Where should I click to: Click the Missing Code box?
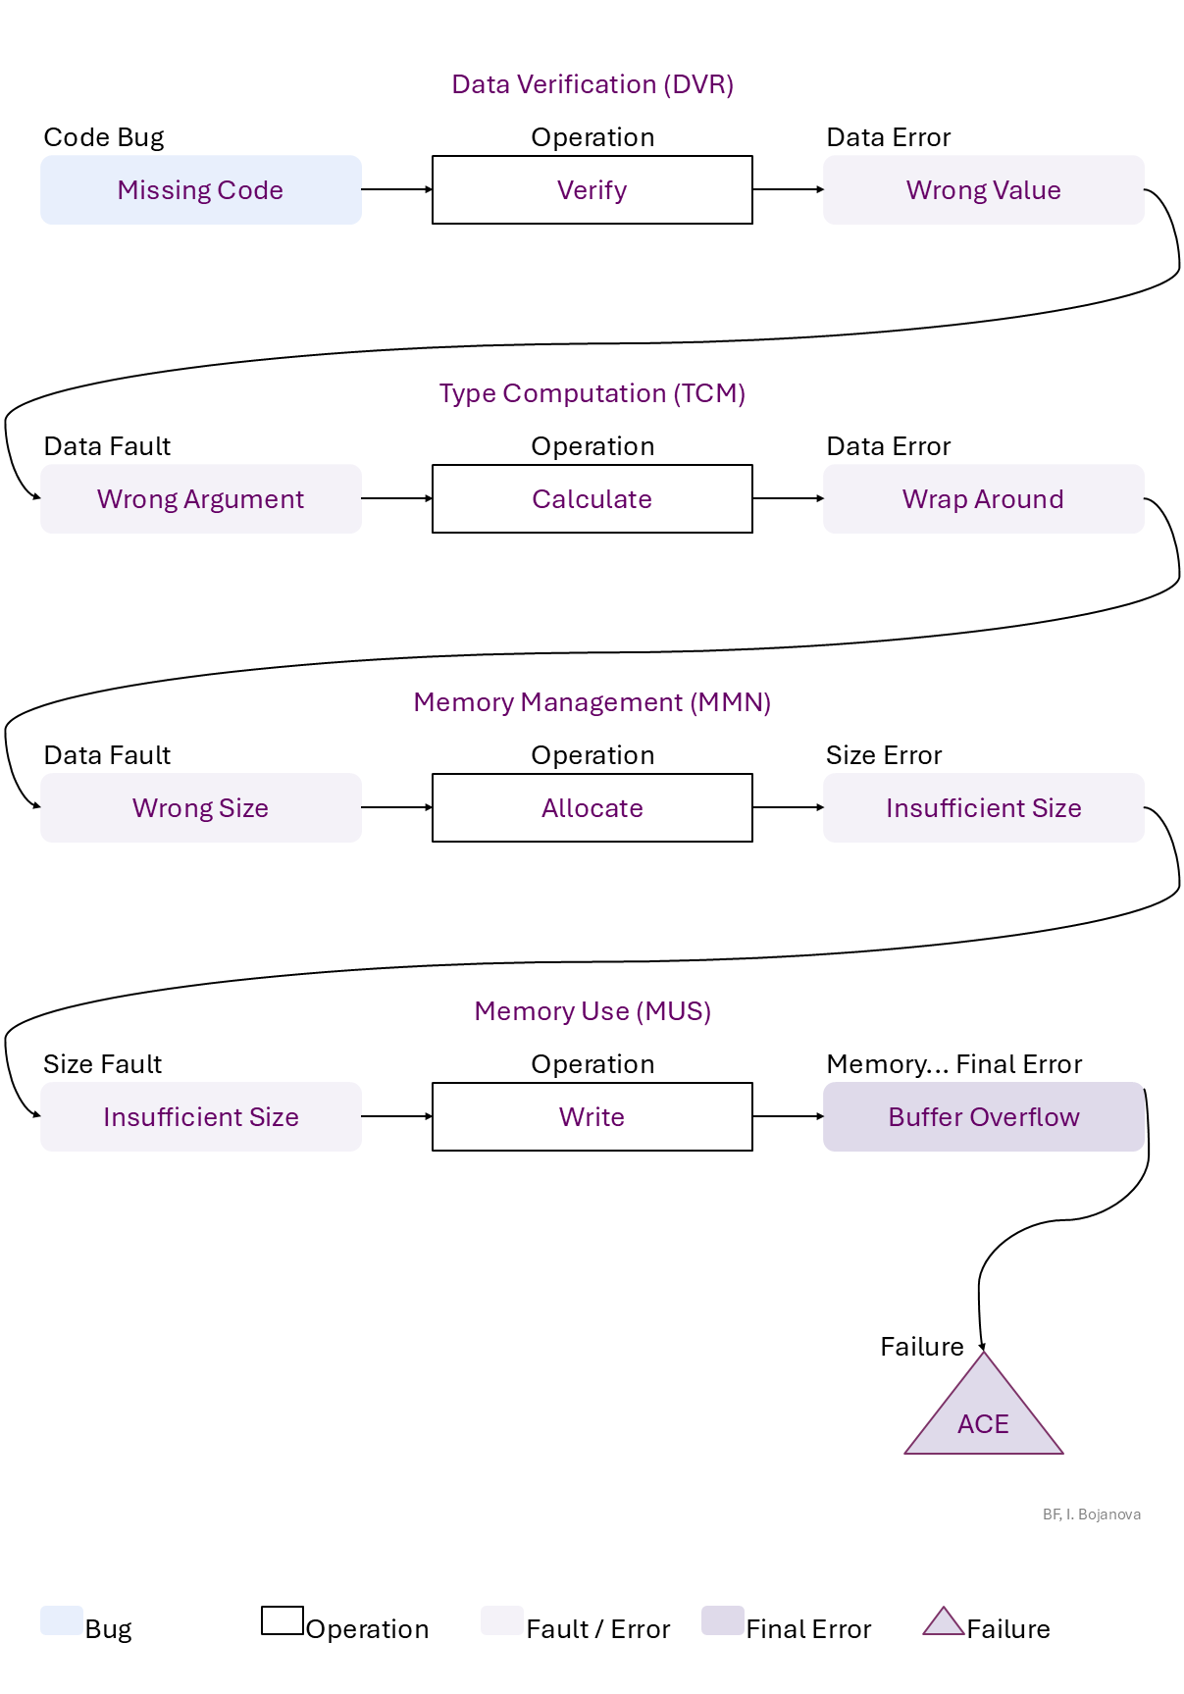point(200,190)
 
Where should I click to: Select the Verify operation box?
point(592,190)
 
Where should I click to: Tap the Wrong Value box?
point(983,190)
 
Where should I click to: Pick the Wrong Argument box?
point(200,499)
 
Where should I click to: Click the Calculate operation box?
point(592,499)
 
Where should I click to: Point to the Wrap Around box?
point(983,499)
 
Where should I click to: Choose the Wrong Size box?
point(200,808)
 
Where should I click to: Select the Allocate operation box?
point(592,808)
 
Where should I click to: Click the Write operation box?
point(592,1117)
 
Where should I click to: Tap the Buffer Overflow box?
point(983,1117)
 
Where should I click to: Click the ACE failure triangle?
point(983,1418)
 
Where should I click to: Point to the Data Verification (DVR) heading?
point(592,84)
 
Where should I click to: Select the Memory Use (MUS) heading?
point(592,1011)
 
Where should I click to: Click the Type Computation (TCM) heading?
point(592,393)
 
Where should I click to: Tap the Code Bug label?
point(104,137)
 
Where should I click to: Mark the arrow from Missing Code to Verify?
point(396,189)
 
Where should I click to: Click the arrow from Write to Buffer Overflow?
point(788,1116)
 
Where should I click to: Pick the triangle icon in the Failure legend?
point(943,1622)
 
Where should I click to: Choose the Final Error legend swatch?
point(723,1620)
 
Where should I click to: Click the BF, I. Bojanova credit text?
point(1091,1514)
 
